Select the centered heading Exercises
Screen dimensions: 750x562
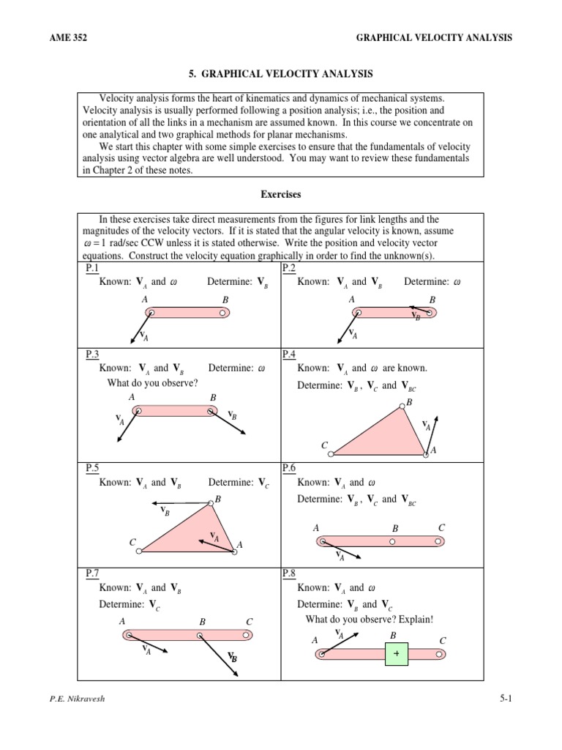[280, 195]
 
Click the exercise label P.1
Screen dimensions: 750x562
[92, 268]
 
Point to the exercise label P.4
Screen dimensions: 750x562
[288, 354]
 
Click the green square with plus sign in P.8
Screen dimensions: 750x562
[396, 653]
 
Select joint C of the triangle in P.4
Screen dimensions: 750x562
[331, 454]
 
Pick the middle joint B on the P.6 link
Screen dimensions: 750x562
[392, 542]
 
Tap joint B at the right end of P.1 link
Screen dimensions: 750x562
[222, 313]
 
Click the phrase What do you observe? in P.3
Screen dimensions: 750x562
[152, 382]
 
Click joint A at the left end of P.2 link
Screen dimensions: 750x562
[356, 313]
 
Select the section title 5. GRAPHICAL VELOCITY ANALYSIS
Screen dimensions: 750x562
[280, 74]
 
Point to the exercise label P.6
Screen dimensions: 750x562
[288, 467]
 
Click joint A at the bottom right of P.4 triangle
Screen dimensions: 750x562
[427, 454]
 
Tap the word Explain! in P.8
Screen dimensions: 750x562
[416, 620]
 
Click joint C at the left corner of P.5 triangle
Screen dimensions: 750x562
[140, 551]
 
